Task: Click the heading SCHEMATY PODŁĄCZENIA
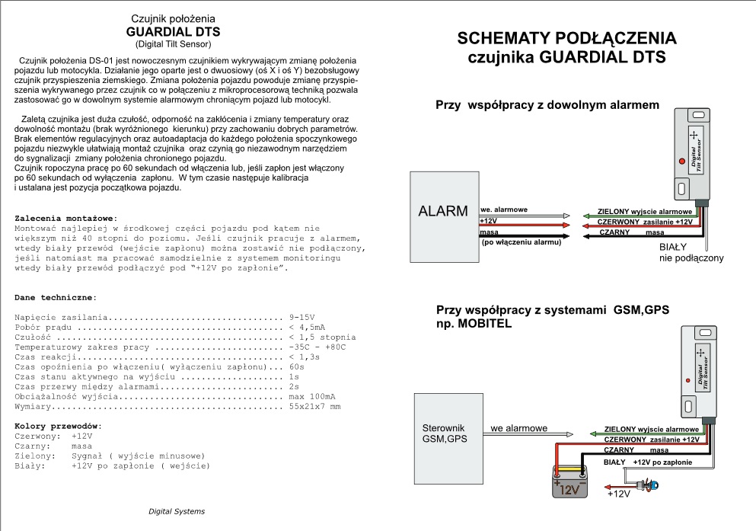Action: [567, 39]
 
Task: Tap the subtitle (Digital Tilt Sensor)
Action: [173, 43]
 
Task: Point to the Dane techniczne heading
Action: [56, 296]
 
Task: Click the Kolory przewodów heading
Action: [59, 425]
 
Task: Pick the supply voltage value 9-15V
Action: [302, 316]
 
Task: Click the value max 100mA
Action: [312, 397]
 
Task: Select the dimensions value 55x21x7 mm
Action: [314, 407]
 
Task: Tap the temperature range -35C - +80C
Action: [317, 347]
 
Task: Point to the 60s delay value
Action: [297, 366]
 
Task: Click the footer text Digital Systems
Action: [176, 511]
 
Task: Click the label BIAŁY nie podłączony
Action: [691, 253]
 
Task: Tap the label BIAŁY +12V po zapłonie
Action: [647, 462]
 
